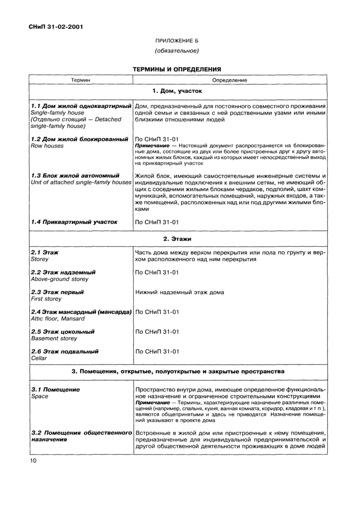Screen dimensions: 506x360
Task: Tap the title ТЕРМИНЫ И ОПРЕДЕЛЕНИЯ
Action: coord(177,68)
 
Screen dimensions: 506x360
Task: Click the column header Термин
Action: coord(81,80)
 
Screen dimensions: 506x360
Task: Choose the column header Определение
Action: coord(229,80)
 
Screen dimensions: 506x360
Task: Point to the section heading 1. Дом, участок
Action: coord(177,91)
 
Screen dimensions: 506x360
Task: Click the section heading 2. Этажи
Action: coord(177,239)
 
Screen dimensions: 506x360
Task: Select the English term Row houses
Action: coord(47,146)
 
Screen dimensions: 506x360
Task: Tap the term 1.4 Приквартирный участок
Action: coord(74,222)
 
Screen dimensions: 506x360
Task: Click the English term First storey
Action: coord(46,299)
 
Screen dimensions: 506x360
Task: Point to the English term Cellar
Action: coord(39,358)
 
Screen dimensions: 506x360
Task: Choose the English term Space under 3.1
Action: coord(40,396)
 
